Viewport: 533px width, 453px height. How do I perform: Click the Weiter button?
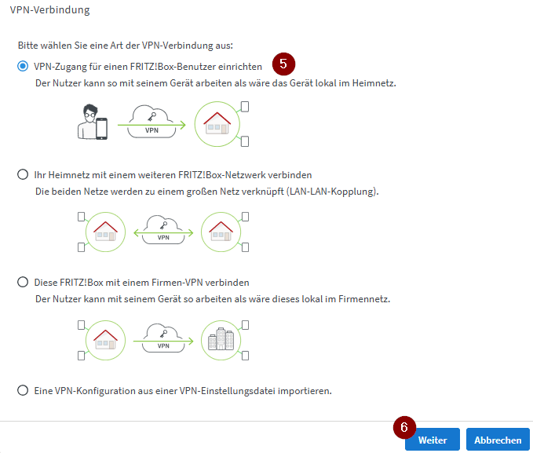click(432, 440)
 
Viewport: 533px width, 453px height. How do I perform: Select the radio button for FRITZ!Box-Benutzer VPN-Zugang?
click(23, 66)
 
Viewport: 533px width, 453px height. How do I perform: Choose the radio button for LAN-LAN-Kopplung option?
click(23, 174)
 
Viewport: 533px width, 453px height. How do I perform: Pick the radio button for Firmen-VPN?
click(23, 282)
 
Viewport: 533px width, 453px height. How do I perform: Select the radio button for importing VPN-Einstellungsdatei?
click(23, 390)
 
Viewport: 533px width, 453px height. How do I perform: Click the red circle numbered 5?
click(283, 64)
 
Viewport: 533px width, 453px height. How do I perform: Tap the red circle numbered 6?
click(404, 427)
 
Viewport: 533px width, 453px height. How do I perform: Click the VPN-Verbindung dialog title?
click(50, 10)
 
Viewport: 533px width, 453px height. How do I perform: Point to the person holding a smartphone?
click(93, 122)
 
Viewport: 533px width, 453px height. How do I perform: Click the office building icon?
click(221, 339)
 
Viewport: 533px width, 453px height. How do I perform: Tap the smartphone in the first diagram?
click(101, 129)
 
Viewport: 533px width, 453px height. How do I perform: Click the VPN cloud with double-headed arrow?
click(163, 230)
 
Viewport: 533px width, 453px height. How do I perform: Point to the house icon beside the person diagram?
click(217, 123)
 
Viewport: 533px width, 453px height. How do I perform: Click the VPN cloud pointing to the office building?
click(163, 338)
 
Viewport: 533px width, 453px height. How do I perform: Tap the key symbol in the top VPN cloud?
click(152, 117)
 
